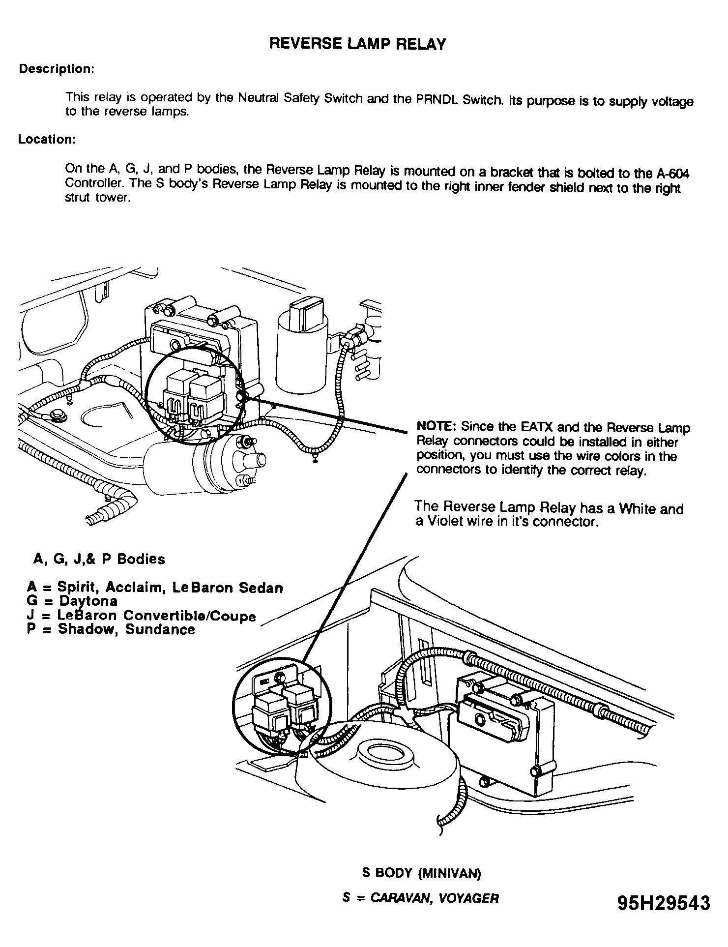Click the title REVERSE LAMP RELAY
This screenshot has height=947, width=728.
(357, 44)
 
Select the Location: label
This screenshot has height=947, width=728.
(47, 139)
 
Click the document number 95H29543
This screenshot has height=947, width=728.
(664, 903)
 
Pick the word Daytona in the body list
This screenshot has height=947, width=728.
(88, 601)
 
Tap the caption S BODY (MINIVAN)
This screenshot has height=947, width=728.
(421, 873)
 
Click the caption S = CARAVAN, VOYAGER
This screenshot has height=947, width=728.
(420, 898)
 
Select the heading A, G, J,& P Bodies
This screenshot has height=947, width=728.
(99, 559)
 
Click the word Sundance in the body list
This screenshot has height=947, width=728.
(160, 629)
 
